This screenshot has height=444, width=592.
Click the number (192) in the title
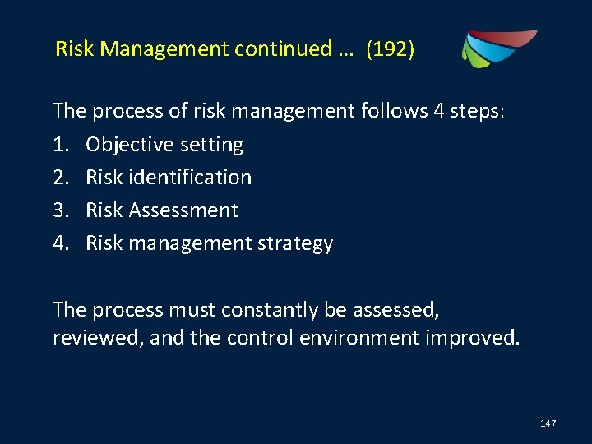(391, 49)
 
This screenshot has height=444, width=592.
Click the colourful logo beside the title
(498, 49)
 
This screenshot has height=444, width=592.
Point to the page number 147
(548, 423)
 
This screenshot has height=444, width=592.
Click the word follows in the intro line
(391, 111)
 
